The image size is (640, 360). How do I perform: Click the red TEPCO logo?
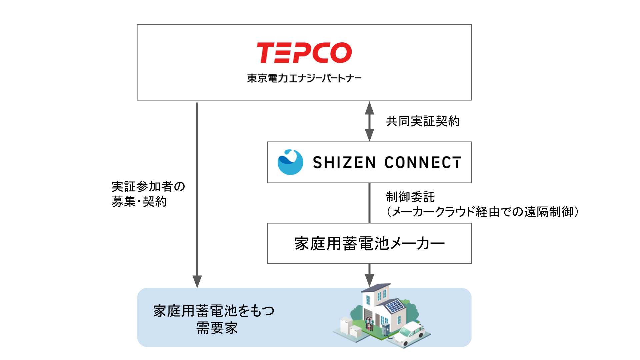click(x=304, y=53)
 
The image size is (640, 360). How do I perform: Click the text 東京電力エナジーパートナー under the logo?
click(x=304, y=78)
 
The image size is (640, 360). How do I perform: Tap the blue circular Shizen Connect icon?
click(x=290, y=162)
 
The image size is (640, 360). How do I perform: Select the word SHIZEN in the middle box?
click(x=344, y=163)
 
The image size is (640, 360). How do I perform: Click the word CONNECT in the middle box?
click(x=423, y=163)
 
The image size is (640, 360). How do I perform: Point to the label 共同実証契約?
click(x=423, y=121)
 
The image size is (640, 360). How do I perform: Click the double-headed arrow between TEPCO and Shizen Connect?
click(x=369, y=121)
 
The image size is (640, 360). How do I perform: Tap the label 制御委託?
click(x=410, y=197)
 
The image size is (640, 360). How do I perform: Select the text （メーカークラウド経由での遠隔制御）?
click(x=482, y=212)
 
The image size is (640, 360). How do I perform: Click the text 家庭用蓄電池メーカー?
click(x=369, y=244)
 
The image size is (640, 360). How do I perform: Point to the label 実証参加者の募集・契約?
click(x=148, y=194)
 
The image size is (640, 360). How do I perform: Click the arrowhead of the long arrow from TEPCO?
click(x=197, y=281)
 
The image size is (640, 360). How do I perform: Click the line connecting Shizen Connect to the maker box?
click(x=369, y=203)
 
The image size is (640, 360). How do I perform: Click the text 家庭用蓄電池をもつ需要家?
click(x=214, y=319)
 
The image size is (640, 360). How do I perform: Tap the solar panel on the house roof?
click(x=395, y=306)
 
